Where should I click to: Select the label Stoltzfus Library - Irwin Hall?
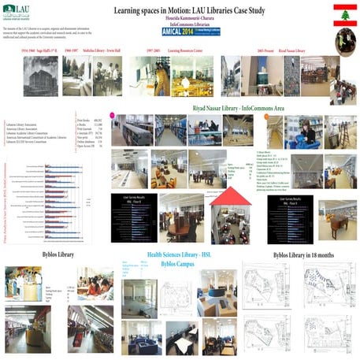[106, 50]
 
